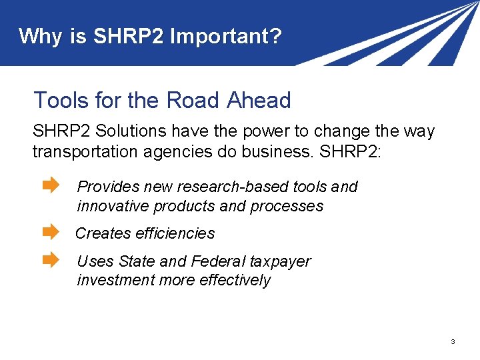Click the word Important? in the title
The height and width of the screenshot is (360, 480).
click(226, 36)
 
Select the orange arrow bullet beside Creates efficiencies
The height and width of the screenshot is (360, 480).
click(51, 233)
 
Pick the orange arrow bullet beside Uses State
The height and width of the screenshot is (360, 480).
click(51, 260)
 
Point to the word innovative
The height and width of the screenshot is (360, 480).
click(113, 206)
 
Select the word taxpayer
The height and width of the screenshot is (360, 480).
click(280, 261)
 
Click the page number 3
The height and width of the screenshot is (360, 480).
click(453, 342)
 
